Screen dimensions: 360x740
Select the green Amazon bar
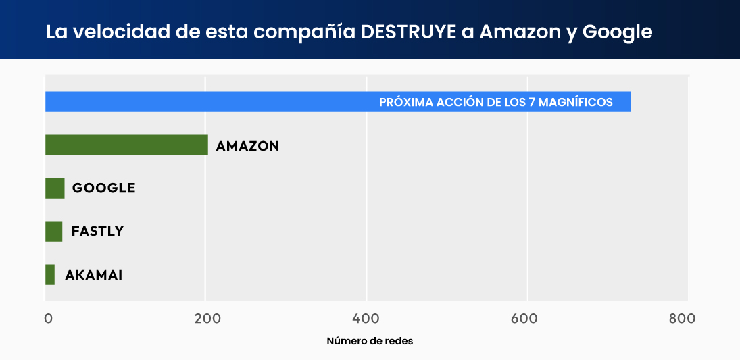pos(126,145)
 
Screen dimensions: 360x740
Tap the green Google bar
pos(55,188)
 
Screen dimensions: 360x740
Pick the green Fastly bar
pos(53,231)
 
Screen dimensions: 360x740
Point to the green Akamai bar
pos(50,275)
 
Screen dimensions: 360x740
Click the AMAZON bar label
pos(247,146)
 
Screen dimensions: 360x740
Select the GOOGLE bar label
pos(103,188)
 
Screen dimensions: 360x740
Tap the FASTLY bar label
pos(97,231)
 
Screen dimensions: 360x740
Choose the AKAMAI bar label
pos(93,275)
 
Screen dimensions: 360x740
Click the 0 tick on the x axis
pos(49,319)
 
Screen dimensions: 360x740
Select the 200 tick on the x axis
pos(206,319)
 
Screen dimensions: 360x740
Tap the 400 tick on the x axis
pos(366,319)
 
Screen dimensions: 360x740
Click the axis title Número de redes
pos(370,341)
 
